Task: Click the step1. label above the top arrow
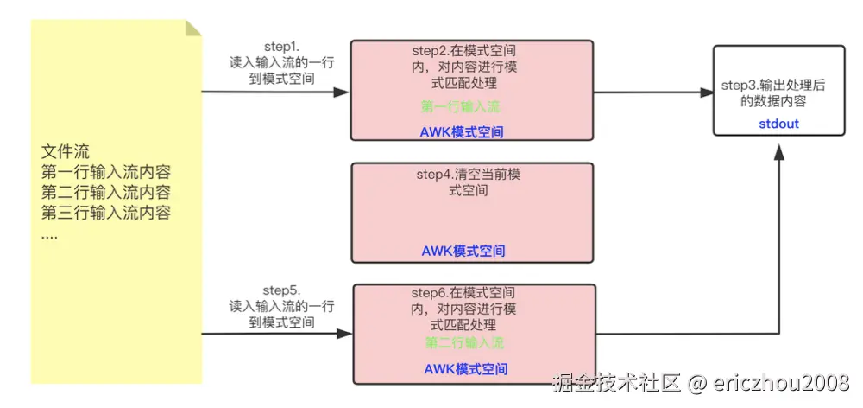coord(281,45)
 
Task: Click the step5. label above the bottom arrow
coord(281,290)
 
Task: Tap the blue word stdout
coord(778,124)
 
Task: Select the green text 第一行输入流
coord(461,107)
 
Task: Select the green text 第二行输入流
coord(464,343)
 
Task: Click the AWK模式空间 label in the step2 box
coord(463,132)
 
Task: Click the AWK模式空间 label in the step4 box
coord(463,252)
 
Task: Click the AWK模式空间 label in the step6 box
coord(466,369)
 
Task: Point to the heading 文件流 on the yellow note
coord(66,152)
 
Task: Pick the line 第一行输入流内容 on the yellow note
coord(105,172)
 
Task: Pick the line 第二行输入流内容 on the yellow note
coord(105,192)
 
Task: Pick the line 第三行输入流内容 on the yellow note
coord(105,213)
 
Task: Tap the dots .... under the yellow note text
coord(50,233)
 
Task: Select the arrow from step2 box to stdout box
coord(652,92)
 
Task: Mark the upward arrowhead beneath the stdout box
coord(779,150)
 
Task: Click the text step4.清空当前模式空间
coord(469,182)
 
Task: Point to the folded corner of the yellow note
coord(193,28)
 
